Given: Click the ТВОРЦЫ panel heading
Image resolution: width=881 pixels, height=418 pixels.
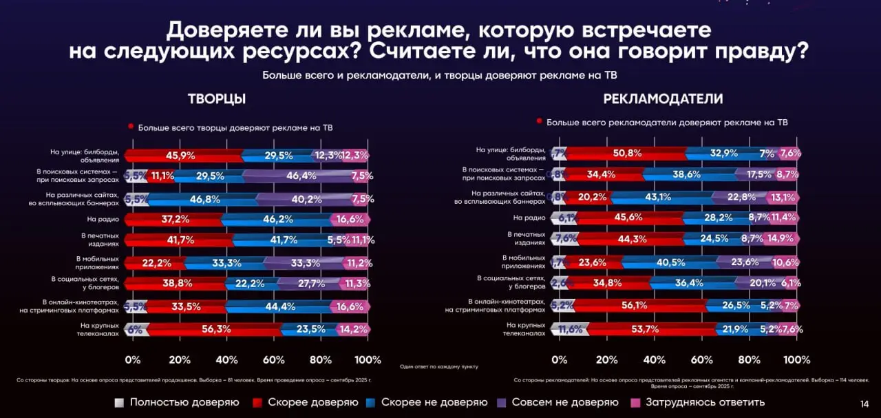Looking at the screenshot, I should click(217, 99).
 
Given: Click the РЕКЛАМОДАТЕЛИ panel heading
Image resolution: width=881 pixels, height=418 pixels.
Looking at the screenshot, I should click(663, 99).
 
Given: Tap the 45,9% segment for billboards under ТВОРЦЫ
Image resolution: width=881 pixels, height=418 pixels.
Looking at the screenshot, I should click(180, 156).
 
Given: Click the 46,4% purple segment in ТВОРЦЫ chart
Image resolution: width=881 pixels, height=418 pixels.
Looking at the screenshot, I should click(301, 176).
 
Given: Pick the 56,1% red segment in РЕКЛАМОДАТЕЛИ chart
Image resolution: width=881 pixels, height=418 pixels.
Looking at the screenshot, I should click(639, 305).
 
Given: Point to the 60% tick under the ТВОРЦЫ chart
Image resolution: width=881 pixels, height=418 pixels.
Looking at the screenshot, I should click(274, 360).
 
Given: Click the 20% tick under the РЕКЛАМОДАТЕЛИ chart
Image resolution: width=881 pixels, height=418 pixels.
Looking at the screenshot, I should click(606, 360).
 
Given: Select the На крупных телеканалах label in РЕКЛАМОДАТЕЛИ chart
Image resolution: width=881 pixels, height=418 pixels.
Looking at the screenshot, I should click(526, 328).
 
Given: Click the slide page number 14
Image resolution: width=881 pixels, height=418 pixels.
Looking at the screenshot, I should click(864, 404).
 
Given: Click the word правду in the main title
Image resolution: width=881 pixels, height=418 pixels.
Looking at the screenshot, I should click(763, 52).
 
